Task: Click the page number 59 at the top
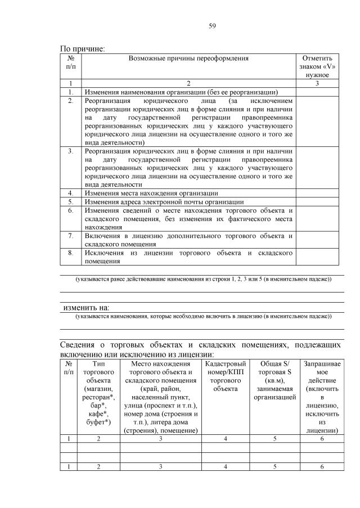tap(213, 25)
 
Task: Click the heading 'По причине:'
tap(83, 48)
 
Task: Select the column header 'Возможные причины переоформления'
tap(188, 58)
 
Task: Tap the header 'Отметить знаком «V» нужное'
tap(318, 66)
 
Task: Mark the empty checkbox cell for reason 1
tap(318, 92)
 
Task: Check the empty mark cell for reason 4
tap(318, 193)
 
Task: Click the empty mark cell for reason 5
tap(318, 201)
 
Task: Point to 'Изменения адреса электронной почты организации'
tap(164, 201)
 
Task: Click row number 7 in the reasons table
tap(71, 235)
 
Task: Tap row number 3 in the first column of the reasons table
tap(71, 151)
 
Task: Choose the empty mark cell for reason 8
tap(318, 257)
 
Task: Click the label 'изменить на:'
tap(85, 308)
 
